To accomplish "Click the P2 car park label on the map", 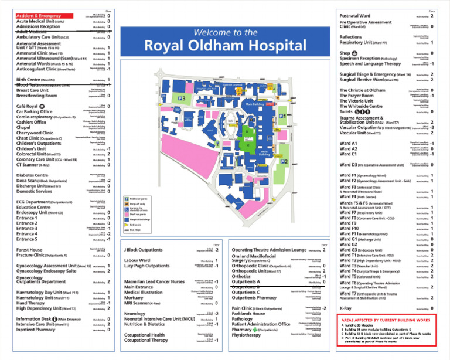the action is (x=285, y=161).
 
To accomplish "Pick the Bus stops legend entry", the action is (x=141, y=230).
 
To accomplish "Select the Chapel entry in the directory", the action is (x=23, y=127).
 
